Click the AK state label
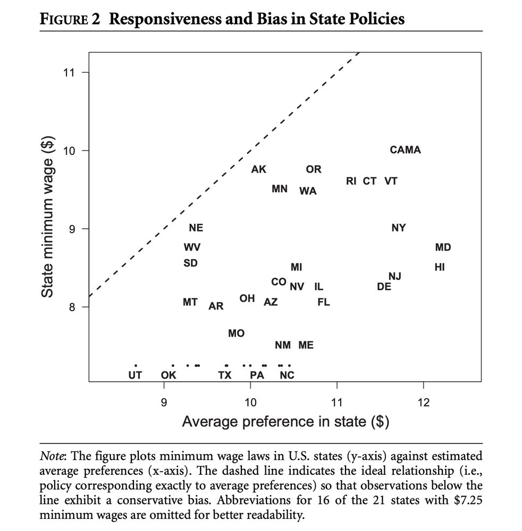(259, 169)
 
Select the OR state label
(314, 169)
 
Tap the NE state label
(196, 228)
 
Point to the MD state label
(443, 247)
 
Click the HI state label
(440, 267)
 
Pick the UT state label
(136, 375)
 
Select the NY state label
(398, 228)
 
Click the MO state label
(237, 333)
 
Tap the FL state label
(324, 302)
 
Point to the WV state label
(192, 247)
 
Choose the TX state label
(225, 375)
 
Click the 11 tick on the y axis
(67, 73)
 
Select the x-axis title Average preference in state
(285, 422)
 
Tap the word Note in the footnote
(52, 456)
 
